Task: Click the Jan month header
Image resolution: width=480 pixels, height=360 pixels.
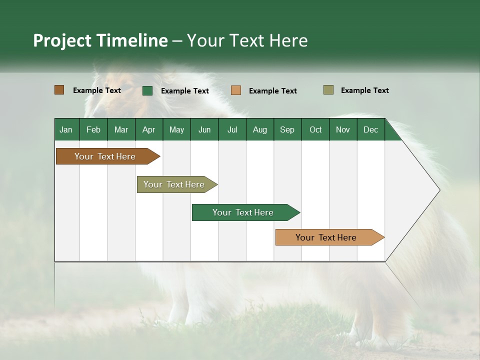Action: pos(66,129)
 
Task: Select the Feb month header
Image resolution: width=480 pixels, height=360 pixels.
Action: pos(93,129)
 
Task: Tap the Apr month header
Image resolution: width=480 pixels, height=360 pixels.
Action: pos(148,129)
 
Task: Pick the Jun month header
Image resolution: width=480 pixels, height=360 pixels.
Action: pos(204,129)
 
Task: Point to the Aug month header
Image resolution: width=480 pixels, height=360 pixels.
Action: pos(259,129)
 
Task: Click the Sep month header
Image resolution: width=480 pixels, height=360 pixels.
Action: pos(287,129)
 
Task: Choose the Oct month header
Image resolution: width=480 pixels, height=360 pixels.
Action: pos(315,129)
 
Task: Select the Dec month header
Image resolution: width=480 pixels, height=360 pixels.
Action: pos(370,129)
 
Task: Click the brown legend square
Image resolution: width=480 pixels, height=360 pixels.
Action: pos(59,90)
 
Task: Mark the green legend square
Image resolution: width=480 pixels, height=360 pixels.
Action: pos(147,90)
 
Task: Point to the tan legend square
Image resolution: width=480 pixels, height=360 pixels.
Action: pos(236,90)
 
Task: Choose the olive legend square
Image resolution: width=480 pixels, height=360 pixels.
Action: pos(328,90)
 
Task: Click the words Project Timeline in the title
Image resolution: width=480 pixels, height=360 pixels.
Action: pos(100,40)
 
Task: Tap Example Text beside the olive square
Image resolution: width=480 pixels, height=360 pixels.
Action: pos(364,90)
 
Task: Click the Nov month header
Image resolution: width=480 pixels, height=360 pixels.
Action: pos(342,129)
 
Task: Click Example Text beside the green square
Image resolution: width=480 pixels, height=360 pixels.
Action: pos(184,91)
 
